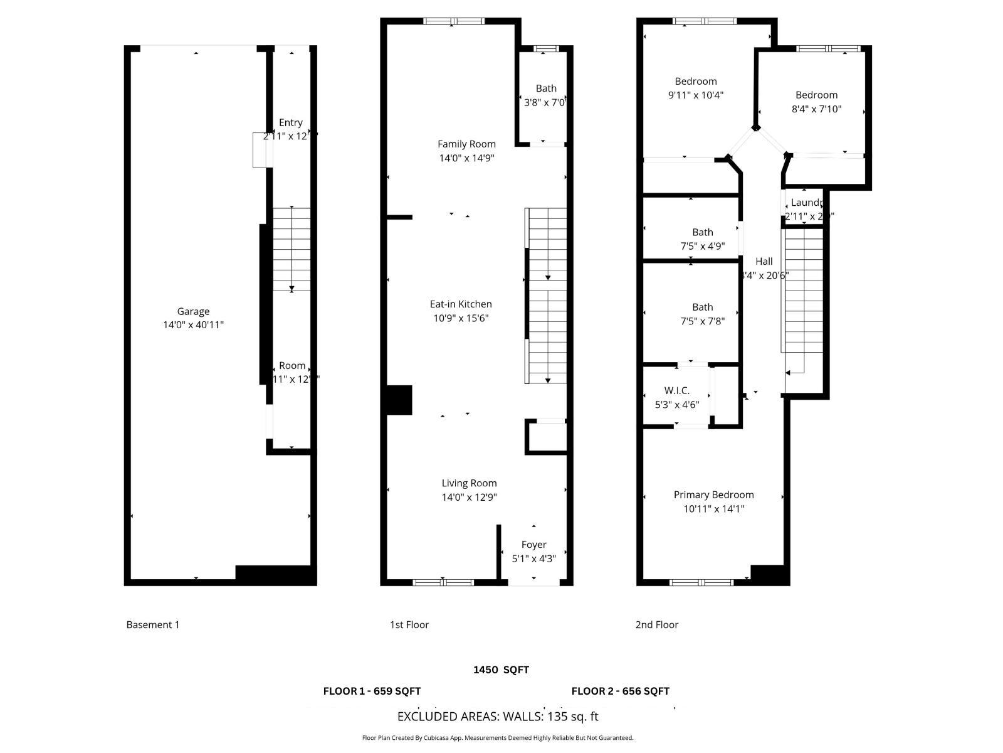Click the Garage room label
(193, 311)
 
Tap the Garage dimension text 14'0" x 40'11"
(193, 325)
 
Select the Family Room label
(466, 144)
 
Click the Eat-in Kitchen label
(461, 304)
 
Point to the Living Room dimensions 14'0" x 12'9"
(469, 497)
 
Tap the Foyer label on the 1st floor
(533, 545)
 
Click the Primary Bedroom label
(713, 495)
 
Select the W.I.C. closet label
(676, 391)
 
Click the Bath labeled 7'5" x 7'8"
(702, 307)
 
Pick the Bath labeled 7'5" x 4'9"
(702, 232)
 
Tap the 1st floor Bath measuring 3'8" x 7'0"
(546, 88)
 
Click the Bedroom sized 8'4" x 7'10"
(816, 95)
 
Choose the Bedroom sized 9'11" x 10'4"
(696, 82)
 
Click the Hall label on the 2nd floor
(764, 262)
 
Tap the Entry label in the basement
(290, 123)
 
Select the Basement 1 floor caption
(153, 625)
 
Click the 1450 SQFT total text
(501, 670)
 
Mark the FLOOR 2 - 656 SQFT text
(620, 692)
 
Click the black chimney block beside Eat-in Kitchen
(399, 400)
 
